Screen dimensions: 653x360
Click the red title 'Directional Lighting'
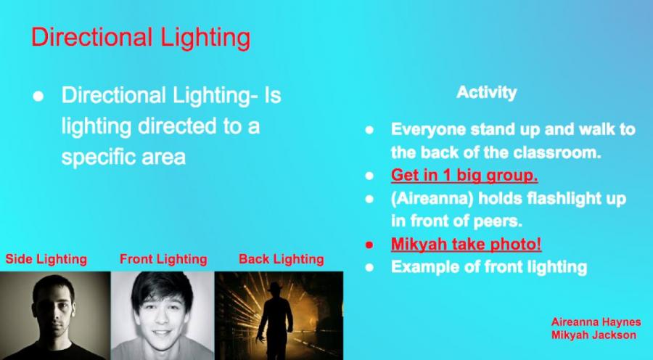[x=141, y=38]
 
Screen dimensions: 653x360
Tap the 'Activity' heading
[x=486, y=92]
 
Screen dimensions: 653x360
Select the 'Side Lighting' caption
[x=46, y=259]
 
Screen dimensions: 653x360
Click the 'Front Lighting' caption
[x=163, y=259]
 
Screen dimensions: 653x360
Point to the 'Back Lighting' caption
[x=282, y=259]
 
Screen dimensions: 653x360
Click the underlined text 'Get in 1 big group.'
[x=464, y=176]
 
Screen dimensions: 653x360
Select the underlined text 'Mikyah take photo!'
[x=466, y=244]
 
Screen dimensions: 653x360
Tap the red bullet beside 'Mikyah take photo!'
[x=369, y=245]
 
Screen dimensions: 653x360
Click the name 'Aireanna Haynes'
[x=596, y=322]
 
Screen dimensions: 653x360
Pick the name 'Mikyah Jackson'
[x=594, y=335]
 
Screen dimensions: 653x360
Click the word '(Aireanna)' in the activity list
[x=432, y=199]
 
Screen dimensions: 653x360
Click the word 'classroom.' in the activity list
[x=558, y=152]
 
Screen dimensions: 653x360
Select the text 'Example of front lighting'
[x=489, y=267]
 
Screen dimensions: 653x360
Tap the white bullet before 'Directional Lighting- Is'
[x=38, y=97]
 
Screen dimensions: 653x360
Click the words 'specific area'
[x=123, y=157]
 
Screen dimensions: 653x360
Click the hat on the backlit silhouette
[x=274, y=287]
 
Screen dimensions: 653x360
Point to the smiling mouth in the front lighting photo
[x=162, y=332]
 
